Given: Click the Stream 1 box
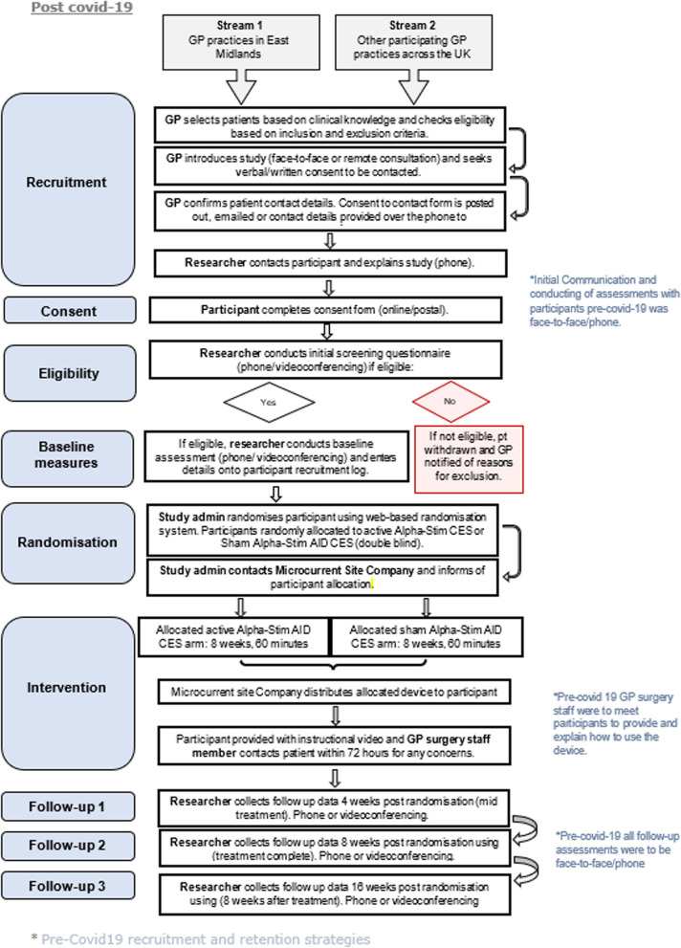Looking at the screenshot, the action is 241,42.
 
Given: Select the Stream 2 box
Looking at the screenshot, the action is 413,42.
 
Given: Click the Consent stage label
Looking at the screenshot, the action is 70,311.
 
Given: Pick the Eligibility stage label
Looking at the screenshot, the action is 70,373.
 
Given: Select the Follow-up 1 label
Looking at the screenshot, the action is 68,806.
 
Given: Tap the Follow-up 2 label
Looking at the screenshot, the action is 68,846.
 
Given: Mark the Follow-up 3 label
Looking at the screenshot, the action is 68,886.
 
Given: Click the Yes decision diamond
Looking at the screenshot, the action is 269,402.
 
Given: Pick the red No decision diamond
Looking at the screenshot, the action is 450,402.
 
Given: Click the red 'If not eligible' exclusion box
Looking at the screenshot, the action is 469,459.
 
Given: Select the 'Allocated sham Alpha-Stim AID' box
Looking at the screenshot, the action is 426,637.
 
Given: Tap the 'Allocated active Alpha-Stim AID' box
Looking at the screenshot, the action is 233,637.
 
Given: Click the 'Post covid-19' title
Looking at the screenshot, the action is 81,8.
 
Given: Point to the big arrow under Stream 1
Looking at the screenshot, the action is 241,86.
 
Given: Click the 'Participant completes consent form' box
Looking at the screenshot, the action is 326,310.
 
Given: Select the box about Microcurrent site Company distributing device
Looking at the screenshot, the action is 334,692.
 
